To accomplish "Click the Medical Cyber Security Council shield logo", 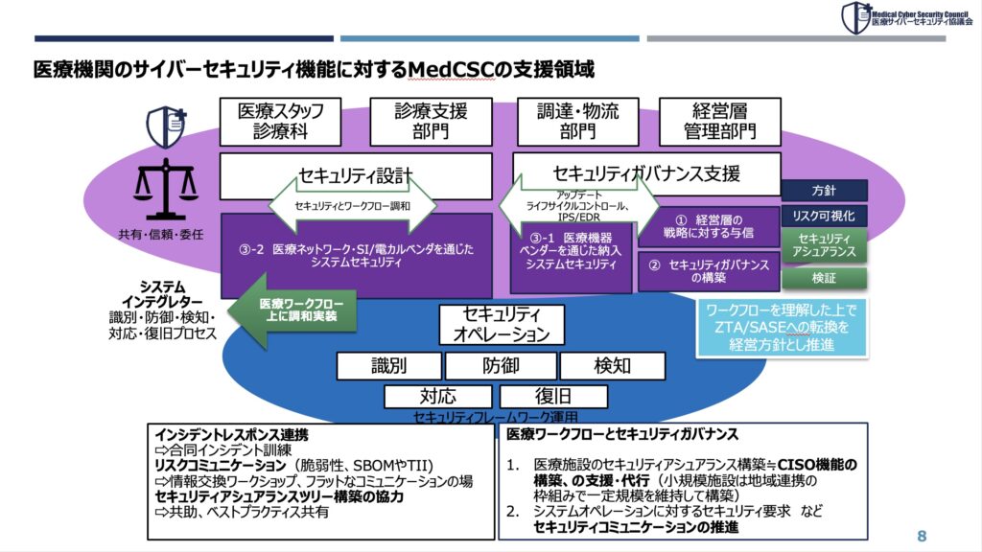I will point(854,17).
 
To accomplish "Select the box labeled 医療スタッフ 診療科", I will point(280,122).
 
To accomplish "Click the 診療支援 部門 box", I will point(431,122).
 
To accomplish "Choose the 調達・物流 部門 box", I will point(578,122).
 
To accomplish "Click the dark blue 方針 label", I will point(824,191).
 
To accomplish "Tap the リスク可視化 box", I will point(824,216).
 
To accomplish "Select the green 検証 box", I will point(824,278).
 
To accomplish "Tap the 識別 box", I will point(388,366).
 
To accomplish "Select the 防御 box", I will point(501,366).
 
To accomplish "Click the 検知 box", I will point(612,366).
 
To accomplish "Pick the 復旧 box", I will point(553,396).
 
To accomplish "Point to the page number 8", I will point(922,535).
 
